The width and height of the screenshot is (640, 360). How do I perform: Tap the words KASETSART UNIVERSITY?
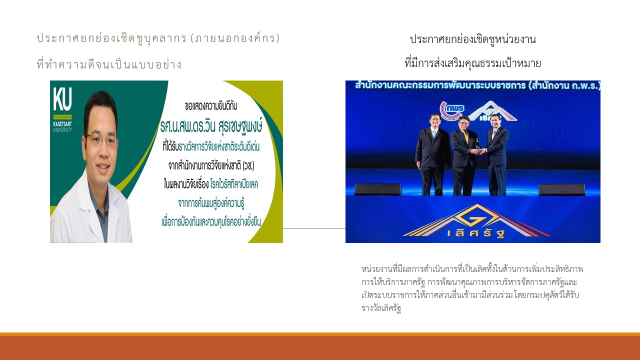pos(63,127)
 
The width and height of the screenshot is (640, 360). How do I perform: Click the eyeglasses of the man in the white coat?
pos(101,140)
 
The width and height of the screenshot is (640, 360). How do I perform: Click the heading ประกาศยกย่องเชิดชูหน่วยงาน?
pos(472,39)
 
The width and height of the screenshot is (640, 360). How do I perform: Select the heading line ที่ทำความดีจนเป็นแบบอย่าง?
pos(109,64)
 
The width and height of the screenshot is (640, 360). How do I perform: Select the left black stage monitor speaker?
pos(377,189)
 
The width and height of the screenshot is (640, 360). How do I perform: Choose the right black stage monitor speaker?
pos(561,189)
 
